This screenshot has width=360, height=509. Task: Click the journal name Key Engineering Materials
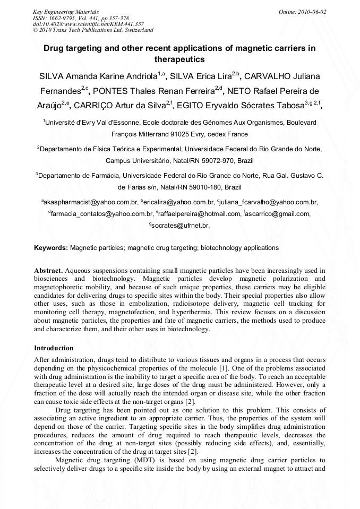[65, 11]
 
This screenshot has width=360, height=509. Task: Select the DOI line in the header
[88, 24]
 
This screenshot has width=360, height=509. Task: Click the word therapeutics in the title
[179, 59]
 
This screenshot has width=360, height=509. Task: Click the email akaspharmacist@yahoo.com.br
[91, 202]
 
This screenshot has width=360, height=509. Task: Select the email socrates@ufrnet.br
[181, 226]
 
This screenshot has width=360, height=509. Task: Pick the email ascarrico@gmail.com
[278, 214]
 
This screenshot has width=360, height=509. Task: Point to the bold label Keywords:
[51, 248]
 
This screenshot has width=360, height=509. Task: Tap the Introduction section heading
[54, 348]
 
